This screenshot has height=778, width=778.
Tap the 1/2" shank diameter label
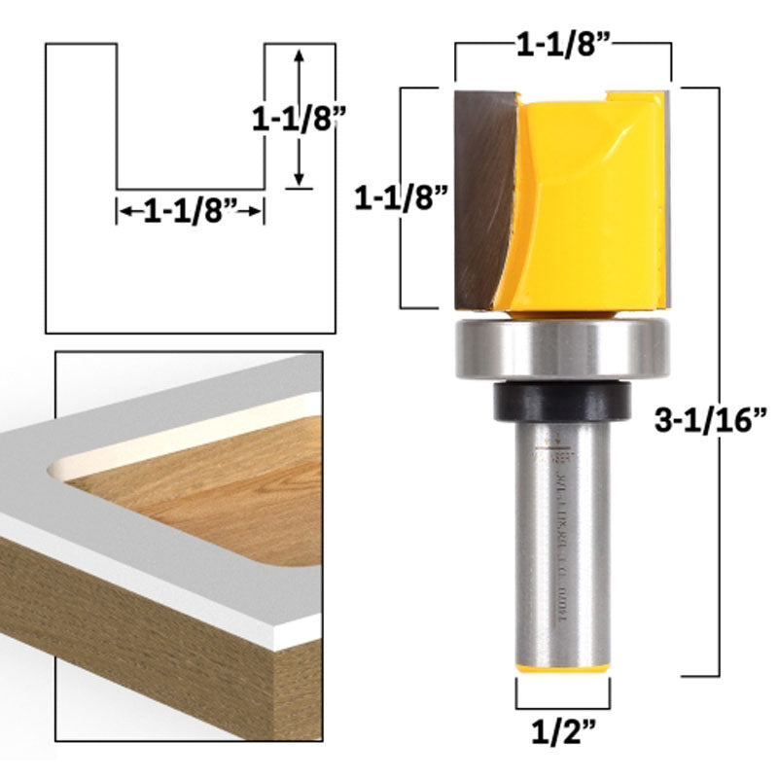click(563, 730)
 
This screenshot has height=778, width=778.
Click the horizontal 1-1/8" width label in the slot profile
click(191, 210)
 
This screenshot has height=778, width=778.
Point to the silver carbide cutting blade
click(482, 194)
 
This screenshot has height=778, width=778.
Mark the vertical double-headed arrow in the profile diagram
click(299, 117)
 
